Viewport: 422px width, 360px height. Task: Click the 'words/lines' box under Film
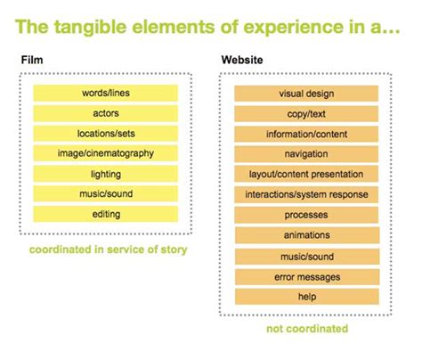point(106,93)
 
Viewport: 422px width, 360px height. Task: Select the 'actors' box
point(106,113)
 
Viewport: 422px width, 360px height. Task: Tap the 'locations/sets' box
point(106,134)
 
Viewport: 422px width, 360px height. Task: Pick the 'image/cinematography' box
point(106,153)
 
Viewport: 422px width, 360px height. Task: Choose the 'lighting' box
point(106,174)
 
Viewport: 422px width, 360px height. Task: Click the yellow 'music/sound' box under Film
point(106,193)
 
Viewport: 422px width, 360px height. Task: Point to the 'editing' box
point(106,214)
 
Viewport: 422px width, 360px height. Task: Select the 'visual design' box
point(306,94)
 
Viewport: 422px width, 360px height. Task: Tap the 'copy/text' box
point(306,114)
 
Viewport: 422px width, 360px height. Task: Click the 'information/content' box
point(306,134)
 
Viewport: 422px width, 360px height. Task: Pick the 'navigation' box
point(306,154)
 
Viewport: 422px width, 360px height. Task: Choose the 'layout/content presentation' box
point(306,174)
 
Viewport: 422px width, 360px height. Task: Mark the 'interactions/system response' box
point(306,194)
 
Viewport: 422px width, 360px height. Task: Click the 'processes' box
point(306,215)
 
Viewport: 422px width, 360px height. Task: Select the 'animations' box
point(307,235)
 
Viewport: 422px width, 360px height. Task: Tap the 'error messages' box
point(307,277)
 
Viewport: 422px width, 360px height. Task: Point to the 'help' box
point(307,297)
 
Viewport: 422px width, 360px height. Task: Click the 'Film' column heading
point(32,60)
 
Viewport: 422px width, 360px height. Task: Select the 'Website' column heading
point(242,60)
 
